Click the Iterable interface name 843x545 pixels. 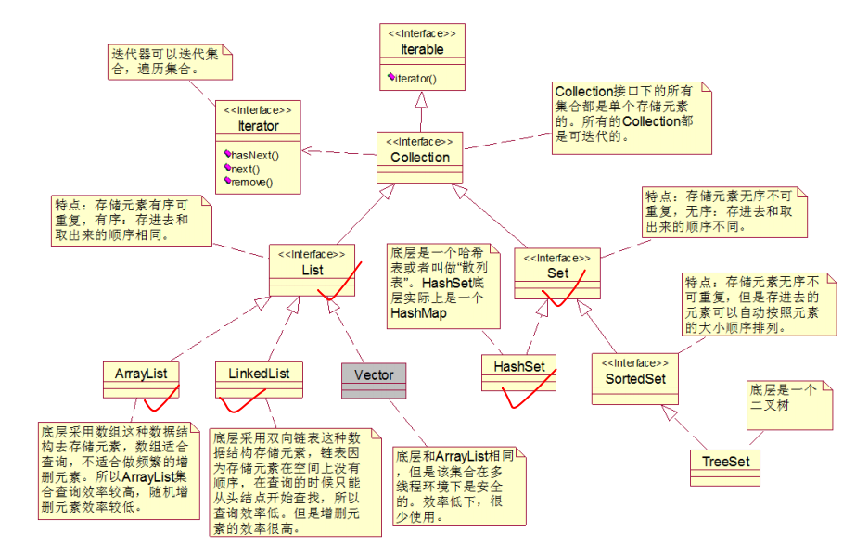(x=422, y=49)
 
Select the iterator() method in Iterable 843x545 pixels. (x=416, y=79)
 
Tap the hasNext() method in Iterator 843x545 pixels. (x=254, y=156)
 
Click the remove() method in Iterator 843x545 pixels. (x=252, y=183)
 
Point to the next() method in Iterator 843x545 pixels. (x=246, y=170)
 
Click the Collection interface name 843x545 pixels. (x=420, y=158)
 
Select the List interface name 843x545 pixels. (x=312, y=270)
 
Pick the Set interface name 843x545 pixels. (x=558, y=273)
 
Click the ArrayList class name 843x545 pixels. (x=139, y=374)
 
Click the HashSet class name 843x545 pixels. (x=519, y=367)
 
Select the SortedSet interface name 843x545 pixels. (x=635, y=380)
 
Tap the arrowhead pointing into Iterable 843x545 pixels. (x=421, y=99)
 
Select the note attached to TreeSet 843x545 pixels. (x=782, y=403)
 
